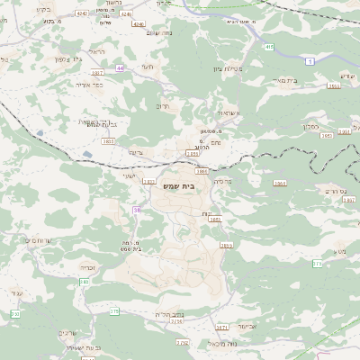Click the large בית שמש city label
coord(181,186)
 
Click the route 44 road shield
coord(120,68)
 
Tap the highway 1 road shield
coord(310,62)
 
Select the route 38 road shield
coord(137,210)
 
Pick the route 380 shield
coord(84,282)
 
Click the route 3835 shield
coord(108,141)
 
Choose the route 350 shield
coord(14,314)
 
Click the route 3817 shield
coord(97,72)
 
